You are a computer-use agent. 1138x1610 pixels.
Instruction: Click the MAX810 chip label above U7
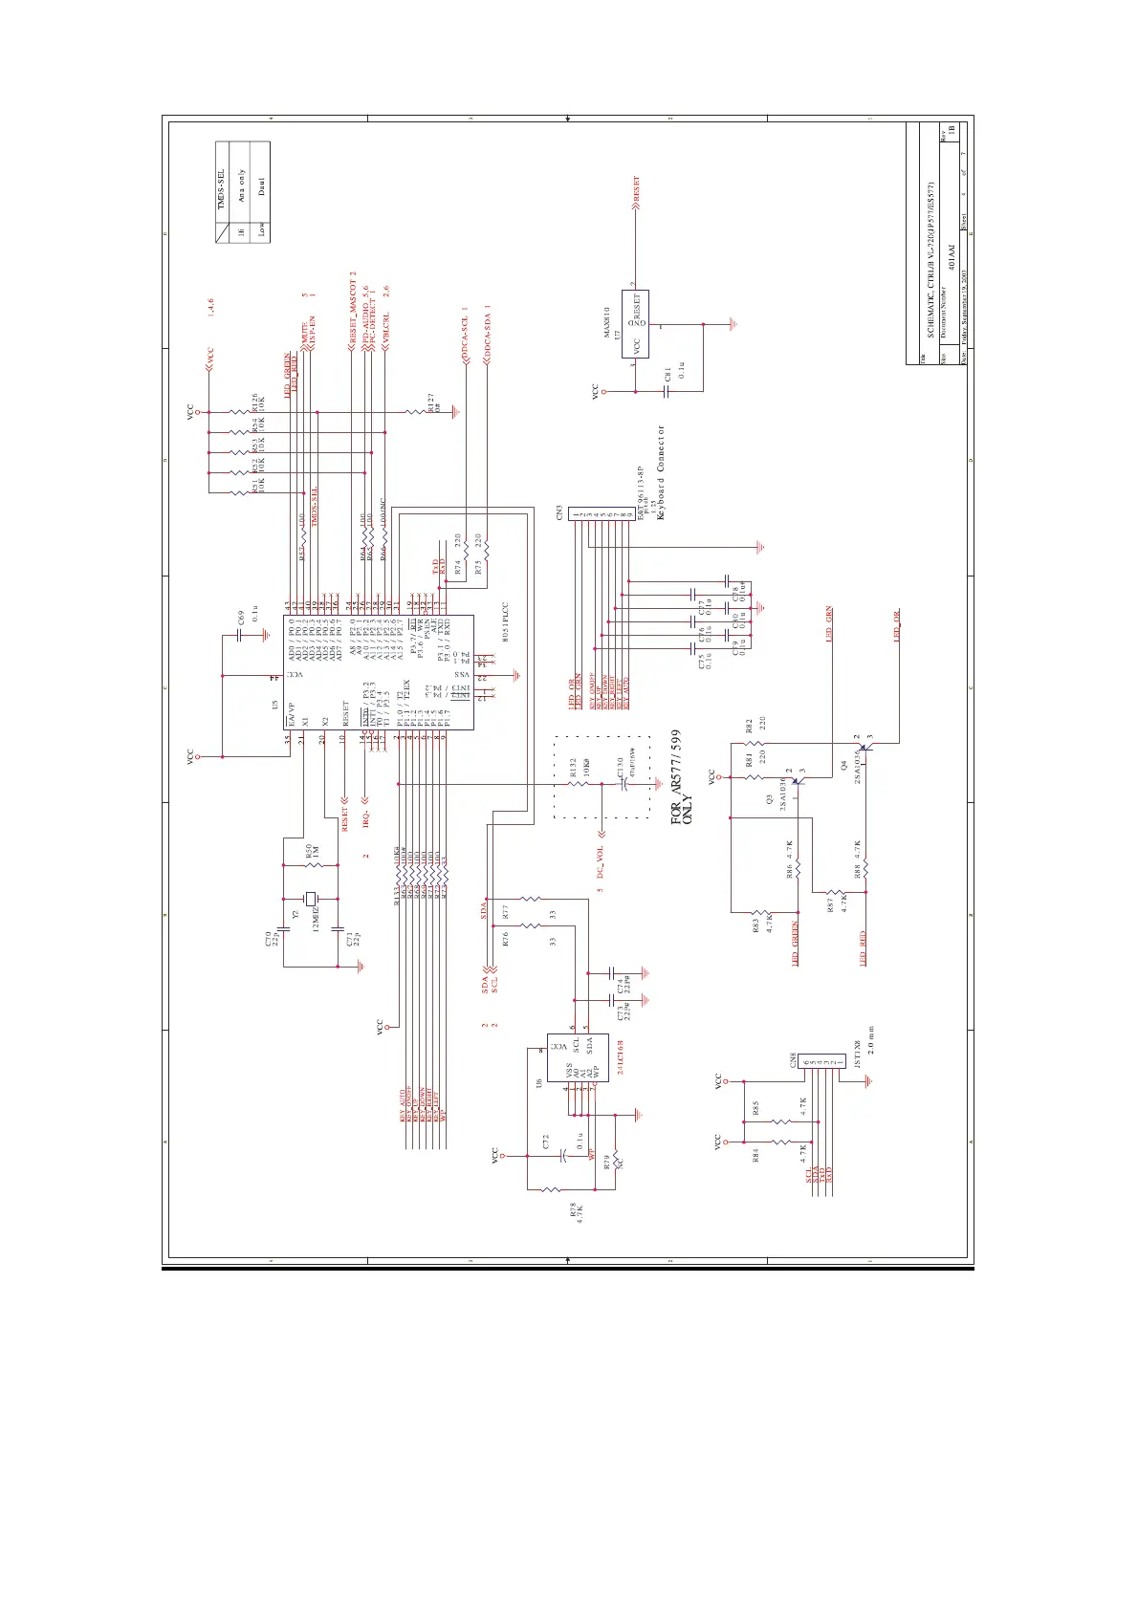point(606,323)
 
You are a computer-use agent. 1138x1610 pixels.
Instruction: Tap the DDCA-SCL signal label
point(465,334)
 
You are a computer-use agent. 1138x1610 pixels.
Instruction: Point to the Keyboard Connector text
point(660,472)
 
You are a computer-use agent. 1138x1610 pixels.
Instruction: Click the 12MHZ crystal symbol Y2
point(309,899)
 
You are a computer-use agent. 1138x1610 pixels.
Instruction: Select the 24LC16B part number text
point(621,1057)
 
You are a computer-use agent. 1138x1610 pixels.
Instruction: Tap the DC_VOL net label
point(601,861)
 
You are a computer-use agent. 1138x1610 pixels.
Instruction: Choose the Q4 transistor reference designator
point(843,765)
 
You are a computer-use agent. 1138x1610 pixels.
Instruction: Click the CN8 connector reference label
point(793,1059)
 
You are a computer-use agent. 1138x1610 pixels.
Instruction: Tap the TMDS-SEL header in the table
point(221,189)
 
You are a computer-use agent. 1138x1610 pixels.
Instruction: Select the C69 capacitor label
point(241,617)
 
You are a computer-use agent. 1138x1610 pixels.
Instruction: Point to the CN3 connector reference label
point(558,513)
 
